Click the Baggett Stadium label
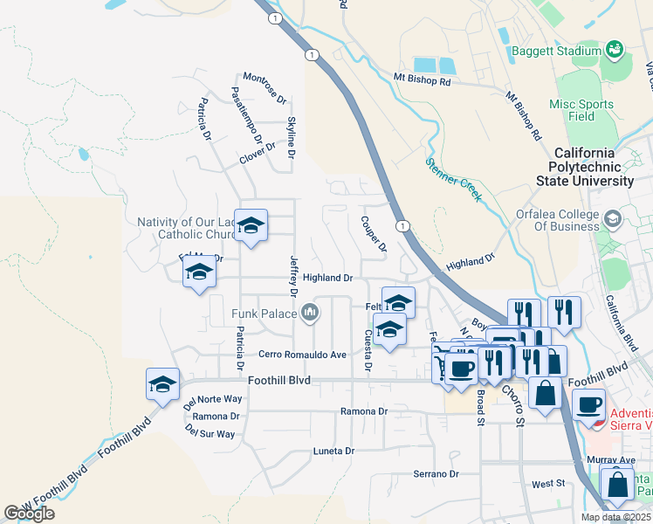(x=556, y=52)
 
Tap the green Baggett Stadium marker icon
(x=614, y=49)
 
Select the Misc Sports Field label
(x=581, y=110)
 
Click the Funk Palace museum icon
(x=310, y=313)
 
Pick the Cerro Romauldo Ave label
(x=303, y=355)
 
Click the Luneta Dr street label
(x=334, y=451)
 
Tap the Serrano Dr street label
(x=436, y=473)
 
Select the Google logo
(x=30, y=514)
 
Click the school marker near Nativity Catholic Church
(x=251, y=226)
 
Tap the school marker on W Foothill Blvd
(x=163, y=384)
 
